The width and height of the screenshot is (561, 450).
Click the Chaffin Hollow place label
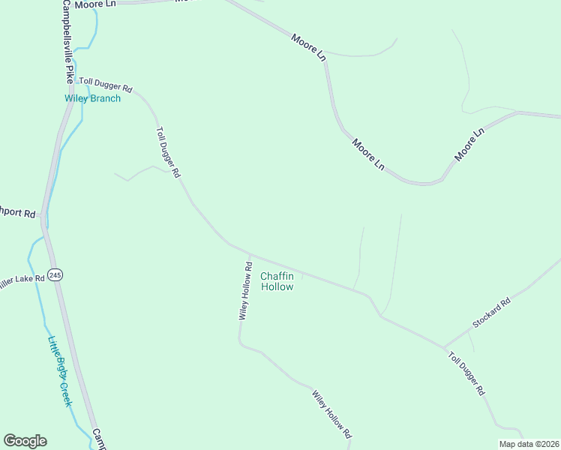click(277, 281)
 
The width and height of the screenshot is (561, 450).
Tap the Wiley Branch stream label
click(91, 98)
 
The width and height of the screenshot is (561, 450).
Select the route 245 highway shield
click(55, 275)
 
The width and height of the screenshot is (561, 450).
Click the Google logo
click(25, 441)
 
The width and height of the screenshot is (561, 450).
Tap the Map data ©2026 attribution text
click(529, 444)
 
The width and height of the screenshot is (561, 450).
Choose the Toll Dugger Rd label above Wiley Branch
click(106, 84)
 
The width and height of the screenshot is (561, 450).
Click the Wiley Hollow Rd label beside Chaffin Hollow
click(245, 291)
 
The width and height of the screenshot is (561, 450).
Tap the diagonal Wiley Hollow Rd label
click(331, 414)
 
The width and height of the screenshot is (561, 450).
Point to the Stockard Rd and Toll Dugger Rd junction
click(445, 347)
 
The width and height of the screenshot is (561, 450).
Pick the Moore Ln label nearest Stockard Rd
click(469, 145)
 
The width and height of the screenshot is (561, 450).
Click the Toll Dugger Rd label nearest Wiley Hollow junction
click(168, 151)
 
